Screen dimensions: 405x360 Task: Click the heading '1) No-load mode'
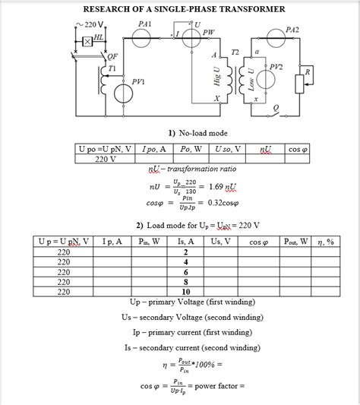[182, 133]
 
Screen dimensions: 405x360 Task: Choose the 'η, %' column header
[326, 242]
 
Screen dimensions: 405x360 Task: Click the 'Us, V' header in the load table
[222, 242]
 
